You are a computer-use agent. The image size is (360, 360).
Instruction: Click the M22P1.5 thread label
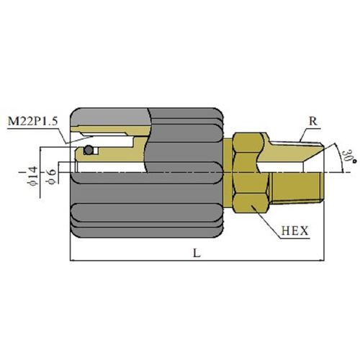tap(33, 121)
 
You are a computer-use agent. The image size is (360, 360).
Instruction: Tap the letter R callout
tap(312, 121)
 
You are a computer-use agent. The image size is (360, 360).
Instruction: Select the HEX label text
tap(294, 230)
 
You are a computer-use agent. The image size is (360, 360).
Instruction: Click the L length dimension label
tap(197, 253)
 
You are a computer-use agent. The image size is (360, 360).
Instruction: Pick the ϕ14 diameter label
tap(33, 176)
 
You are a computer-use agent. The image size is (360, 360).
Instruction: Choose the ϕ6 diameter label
tap(52, 176)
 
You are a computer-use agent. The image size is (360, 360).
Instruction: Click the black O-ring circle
tap(89, 150)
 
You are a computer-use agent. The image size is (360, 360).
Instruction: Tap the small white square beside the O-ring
tap(96, 150)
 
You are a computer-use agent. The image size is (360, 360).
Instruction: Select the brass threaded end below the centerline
tap(297, 188)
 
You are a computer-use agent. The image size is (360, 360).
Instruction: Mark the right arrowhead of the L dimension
tap(322, 260)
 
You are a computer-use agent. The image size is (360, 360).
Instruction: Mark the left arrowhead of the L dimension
tap(73, 260)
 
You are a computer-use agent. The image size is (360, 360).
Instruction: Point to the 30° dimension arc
tap(340, 157)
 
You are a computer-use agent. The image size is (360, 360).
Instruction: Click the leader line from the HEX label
tap(266, 222)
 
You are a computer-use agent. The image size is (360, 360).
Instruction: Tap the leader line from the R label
tap(304, 135)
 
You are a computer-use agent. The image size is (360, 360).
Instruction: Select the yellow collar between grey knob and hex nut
tap(228, 172)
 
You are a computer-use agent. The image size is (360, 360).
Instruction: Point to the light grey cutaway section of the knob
tap(110, 117)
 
